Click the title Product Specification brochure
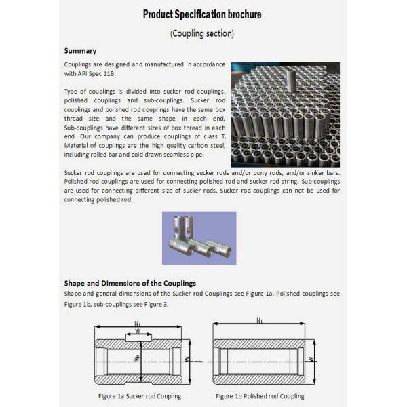coord(202,14)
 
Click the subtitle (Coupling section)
coord(202,33)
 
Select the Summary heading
coord(80,51)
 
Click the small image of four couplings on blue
coord(199,237)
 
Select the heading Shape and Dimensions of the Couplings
coord(130,283)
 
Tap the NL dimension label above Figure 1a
coord(138,324)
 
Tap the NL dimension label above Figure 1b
coord(260,320)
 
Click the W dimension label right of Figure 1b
coord(310,360)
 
